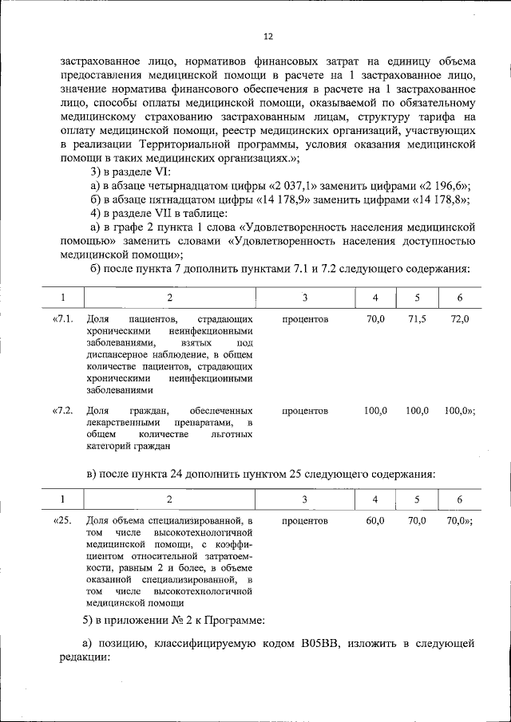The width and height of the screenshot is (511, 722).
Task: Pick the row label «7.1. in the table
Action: pyautogui.click(x=63, y=319)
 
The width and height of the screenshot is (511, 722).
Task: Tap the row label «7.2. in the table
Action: pyautogui.click(x=63, y=410)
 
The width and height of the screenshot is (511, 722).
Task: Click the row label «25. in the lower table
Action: pyautogui.click(x=63, y=520)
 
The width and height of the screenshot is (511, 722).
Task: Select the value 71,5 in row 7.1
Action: pyautogui.click(x=417, y=319)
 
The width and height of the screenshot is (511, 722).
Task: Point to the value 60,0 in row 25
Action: pyautogui.click(x=375, y=520)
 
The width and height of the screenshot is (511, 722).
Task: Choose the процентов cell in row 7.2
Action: pyautogui.click(x=305, y=410)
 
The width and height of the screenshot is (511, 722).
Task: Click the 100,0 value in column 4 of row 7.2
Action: pyautogui.click(x=375, y=410)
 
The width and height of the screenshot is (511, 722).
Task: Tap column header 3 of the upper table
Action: pyautogui.click(x=305, y=298)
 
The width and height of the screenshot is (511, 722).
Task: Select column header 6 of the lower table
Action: pyautogui.click(x=459, y=499)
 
